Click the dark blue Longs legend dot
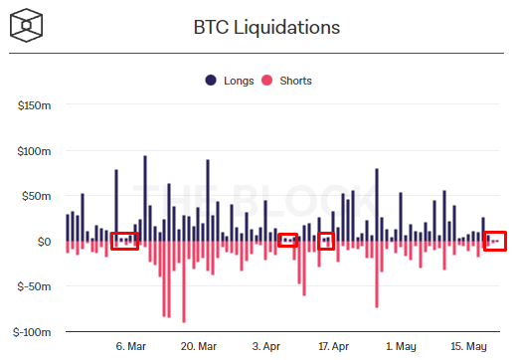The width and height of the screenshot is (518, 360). [211, 80]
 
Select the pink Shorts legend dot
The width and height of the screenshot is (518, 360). [270, 80]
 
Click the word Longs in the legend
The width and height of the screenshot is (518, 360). [239, 80]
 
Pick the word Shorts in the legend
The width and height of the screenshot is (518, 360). [299, 80]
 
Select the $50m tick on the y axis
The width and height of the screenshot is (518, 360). [37, 196]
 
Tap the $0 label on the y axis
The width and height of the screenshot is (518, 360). [43, 242]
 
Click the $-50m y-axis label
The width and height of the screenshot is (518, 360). [35, 286]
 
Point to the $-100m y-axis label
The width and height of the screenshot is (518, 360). [33, 331]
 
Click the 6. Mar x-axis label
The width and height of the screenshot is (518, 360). [131, 346]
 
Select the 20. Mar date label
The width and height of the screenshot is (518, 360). [199, 346]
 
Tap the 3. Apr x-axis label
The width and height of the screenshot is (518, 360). [266, 346]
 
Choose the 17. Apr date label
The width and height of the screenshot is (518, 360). [333, 346]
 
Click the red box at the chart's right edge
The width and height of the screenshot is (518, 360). [495, 241]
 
